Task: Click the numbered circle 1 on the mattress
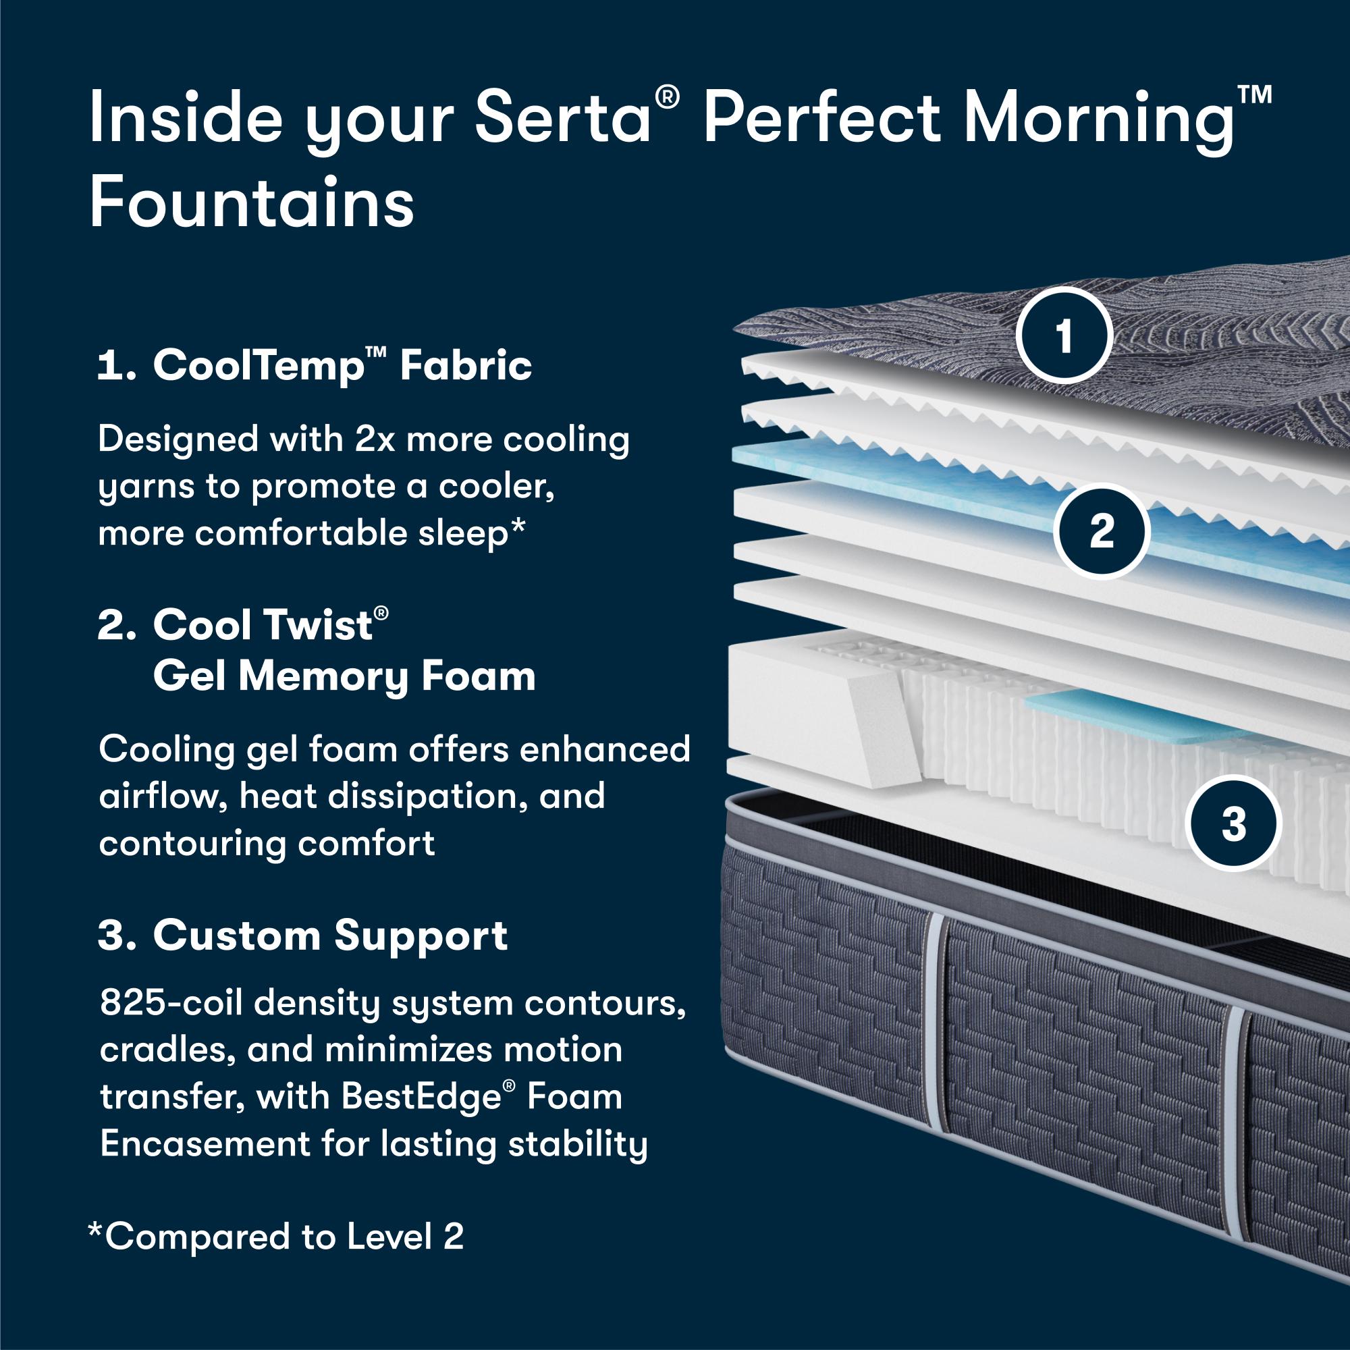point(1064,337)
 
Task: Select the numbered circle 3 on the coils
point(1234,823)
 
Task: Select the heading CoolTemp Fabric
point(315,364)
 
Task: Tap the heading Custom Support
point(302,936)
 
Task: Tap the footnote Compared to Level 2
point(275,1237)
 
